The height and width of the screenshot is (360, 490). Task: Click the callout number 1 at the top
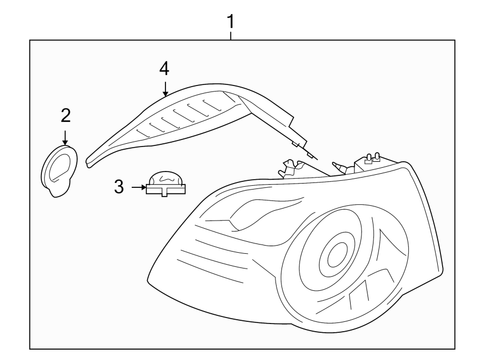230,22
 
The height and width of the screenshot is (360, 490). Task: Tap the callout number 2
65,115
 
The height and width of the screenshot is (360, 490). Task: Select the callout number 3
119,187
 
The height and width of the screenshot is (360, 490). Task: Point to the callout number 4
164,69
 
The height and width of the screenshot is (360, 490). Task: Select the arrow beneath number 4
165,88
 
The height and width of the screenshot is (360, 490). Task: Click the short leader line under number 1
231,36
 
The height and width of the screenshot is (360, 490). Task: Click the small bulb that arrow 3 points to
166,184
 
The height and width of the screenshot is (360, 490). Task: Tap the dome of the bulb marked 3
166,177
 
